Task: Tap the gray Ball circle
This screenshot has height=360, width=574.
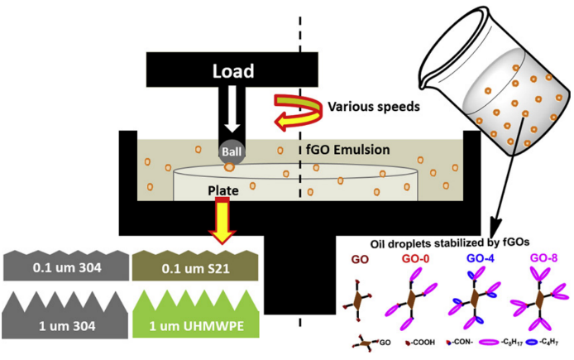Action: point(230,151)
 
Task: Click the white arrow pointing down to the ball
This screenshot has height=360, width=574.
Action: point(231,112)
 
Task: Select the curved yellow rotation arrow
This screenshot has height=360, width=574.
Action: point(296,112)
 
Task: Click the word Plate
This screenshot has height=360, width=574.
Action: point(223,191)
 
